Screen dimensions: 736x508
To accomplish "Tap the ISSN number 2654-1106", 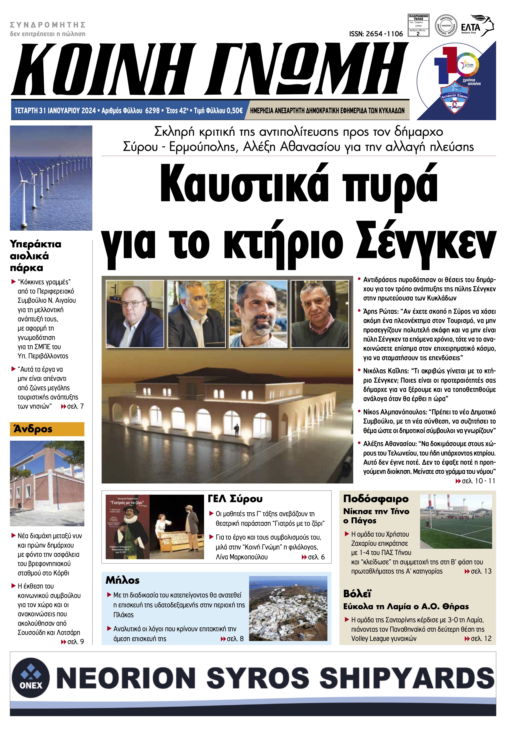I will [376, 34].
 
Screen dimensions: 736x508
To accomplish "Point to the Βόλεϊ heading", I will [357, 594].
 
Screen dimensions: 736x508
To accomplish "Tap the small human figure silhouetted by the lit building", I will [237, 431].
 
